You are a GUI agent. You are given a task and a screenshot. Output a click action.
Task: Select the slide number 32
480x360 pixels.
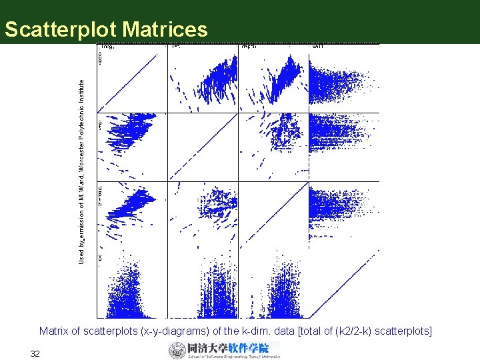35,353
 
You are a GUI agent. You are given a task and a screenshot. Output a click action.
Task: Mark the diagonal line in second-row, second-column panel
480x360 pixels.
203,147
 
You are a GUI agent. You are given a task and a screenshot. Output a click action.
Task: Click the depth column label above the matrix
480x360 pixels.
249,47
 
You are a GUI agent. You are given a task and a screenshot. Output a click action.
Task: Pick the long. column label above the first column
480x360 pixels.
107,47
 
